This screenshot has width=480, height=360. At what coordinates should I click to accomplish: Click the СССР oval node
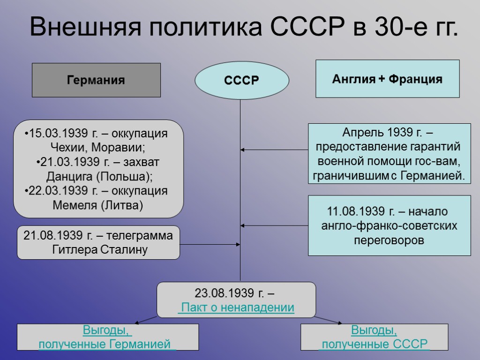click(x=241, y=81)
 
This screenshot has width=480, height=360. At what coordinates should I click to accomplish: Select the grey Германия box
click(x=96, y=80)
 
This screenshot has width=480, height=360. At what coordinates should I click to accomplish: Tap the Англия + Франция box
click(x=387, y=79)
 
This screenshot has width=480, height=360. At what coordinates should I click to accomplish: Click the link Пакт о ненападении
click(x=237, y=307)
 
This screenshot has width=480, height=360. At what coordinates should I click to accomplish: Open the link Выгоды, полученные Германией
click(x=107, y=337)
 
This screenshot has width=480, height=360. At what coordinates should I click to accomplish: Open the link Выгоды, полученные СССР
click(x=374, y=337)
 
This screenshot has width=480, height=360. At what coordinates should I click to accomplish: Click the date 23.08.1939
click(x=225, y=293)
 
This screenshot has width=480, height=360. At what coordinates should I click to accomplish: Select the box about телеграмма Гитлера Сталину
click(x=98, y=243)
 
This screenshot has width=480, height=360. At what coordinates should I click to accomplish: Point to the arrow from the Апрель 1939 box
click(x=274, y=150)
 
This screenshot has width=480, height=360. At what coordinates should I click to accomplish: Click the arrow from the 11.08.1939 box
click(x=274, y=225)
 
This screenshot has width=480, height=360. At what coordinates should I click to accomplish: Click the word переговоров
click(x=389, y=240)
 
